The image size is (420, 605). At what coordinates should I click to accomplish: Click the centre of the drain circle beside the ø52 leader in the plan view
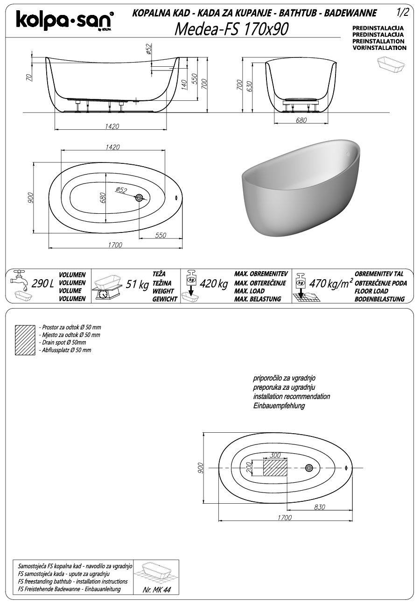tap(139, 198)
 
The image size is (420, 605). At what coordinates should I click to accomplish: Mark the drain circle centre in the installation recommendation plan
tap(309, 468)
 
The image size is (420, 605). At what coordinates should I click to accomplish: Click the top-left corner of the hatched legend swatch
tap(15, 325)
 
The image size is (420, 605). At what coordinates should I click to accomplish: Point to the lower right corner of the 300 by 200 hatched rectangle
tap(287, 476)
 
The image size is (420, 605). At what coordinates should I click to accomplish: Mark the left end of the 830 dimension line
tap(287, 510)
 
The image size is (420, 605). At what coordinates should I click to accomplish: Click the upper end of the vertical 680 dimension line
tap(105, 173)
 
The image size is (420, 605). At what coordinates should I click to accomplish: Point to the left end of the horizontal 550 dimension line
tap(139, 239)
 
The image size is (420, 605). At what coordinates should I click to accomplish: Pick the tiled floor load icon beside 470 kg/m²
tap(306, 288)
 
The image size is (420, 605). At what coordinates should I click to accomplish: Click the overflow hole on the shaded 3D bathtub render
tap(348, 154)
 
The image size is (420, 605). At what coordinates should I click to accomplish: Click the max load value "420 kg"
tap(214, 284)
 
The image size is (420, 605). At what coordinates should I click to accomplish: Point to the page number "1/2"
tap(403, 13)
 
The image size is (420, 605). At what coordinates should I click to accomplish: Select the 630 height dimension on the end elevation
tap(249, 86)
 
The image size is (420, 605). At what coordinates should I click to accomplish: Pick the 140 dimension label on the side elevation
tap(184, 85)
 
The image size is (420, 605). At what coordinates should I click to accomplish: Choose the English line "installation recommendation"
tap(292, 396)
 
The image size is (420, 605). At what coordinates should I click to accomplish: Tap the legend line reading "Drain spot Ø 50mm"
tap(64, 343)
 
